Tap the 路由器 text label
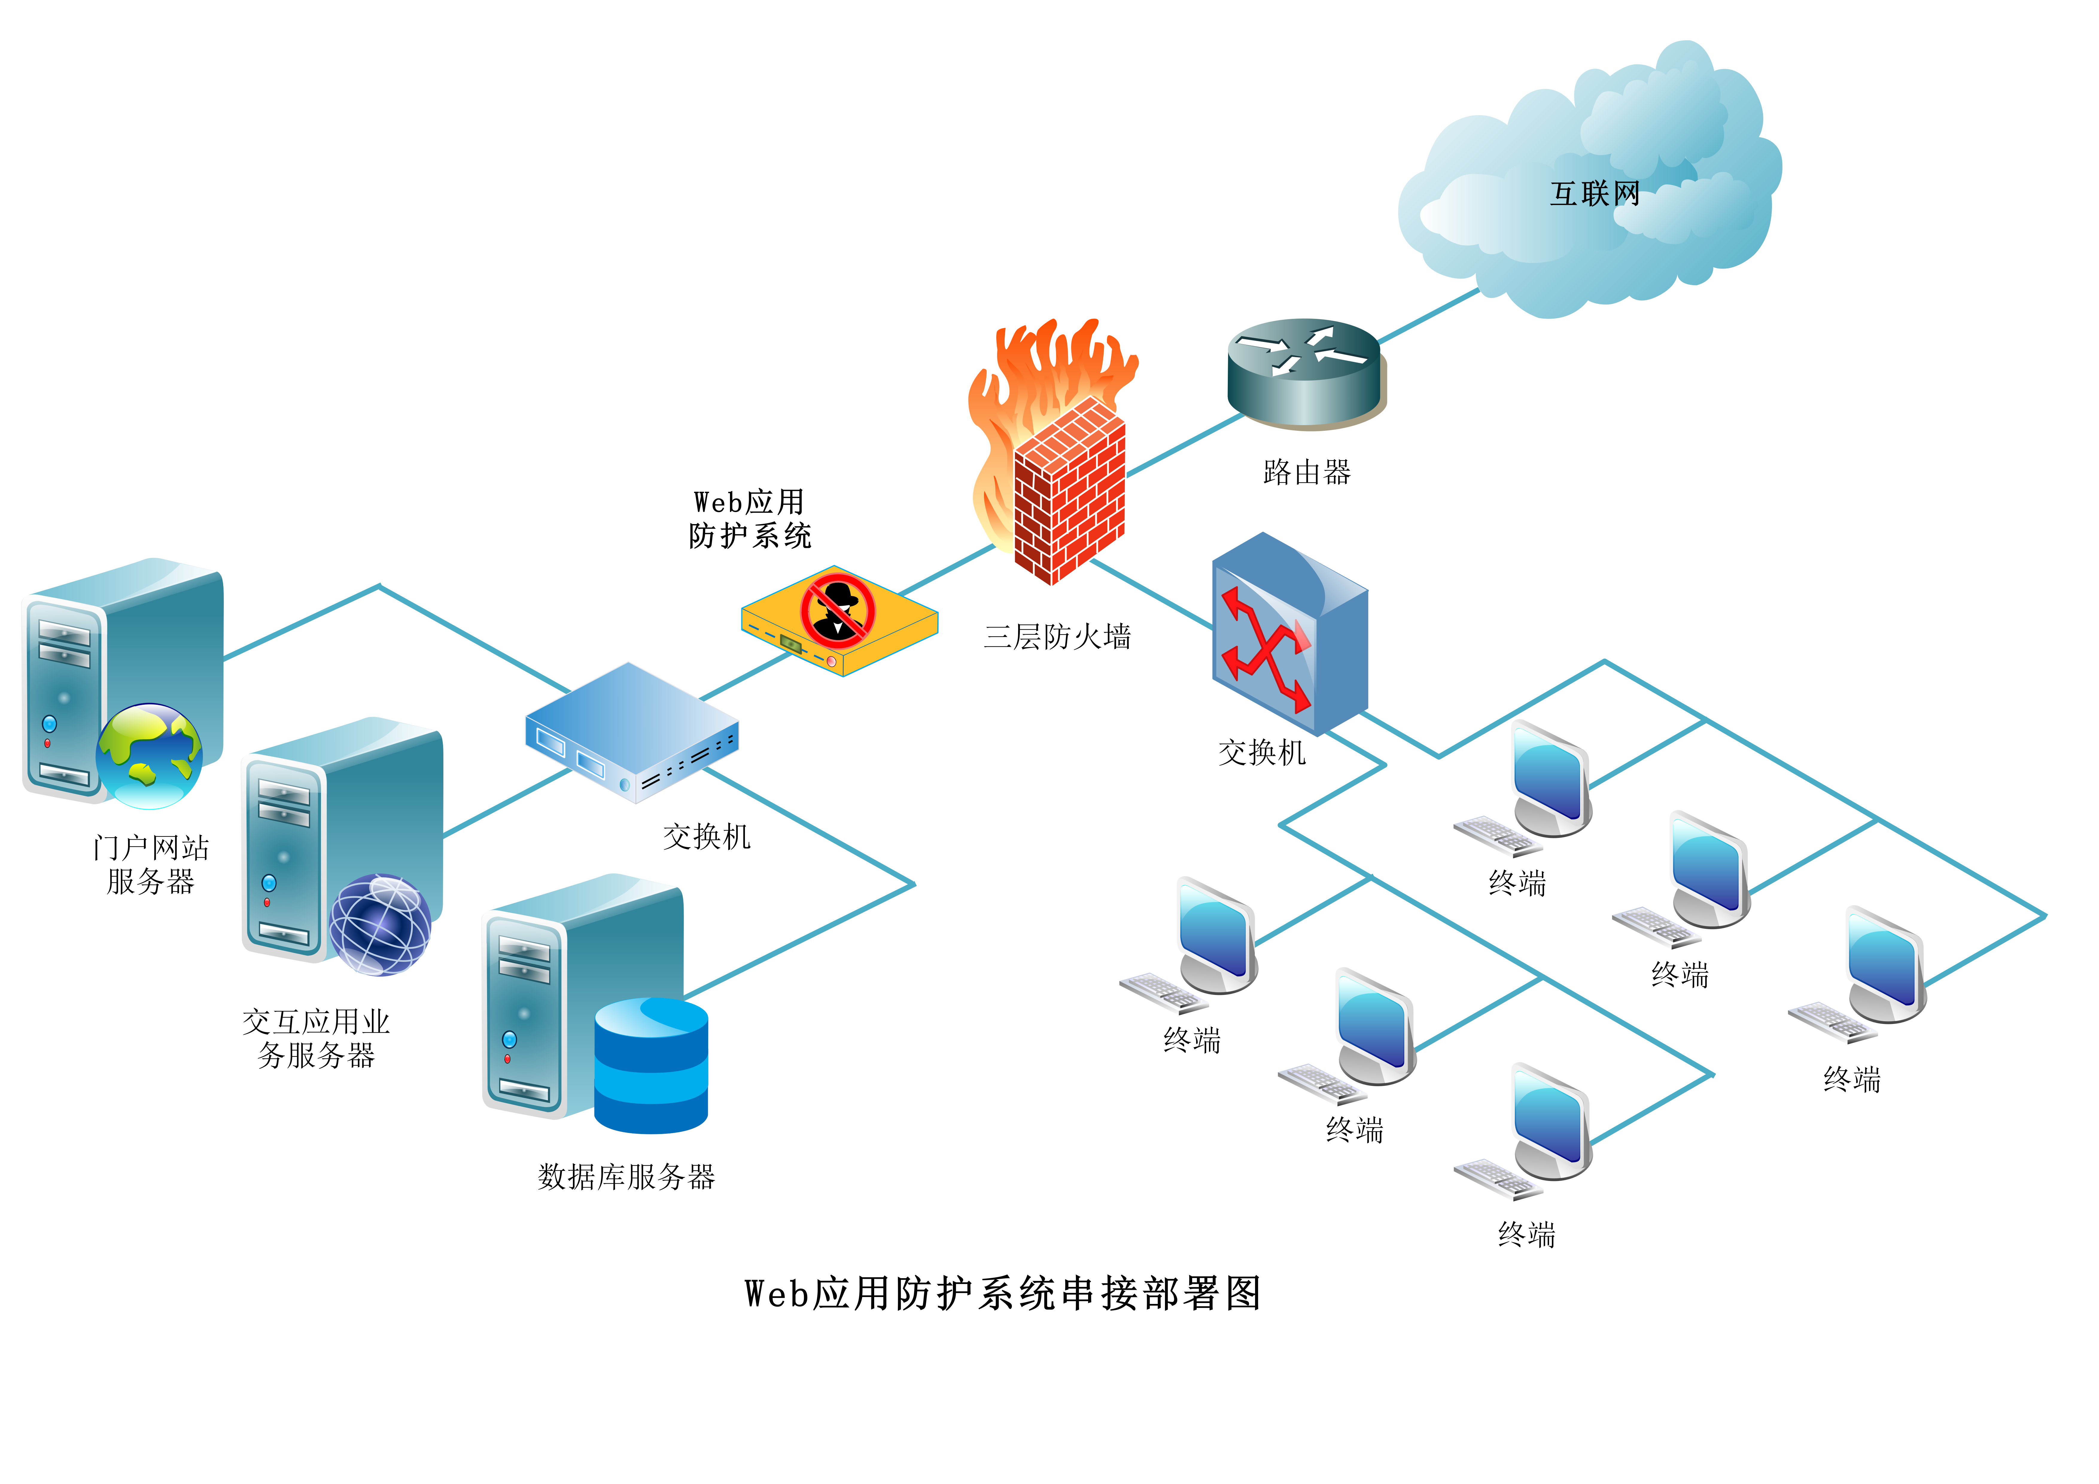[1306, 473]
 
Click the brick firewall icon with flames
[1053, 452]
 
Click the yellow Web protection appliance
[839, 621]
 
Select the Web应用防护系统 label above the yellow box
[750, 518]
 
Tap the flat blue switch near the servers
[632, 732]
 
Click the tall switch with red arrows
[1289, 634]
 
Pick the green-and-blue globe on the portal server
[149, 755]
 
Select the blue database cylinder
[651, 1065]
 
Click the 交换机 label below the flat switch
[707, 837]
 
